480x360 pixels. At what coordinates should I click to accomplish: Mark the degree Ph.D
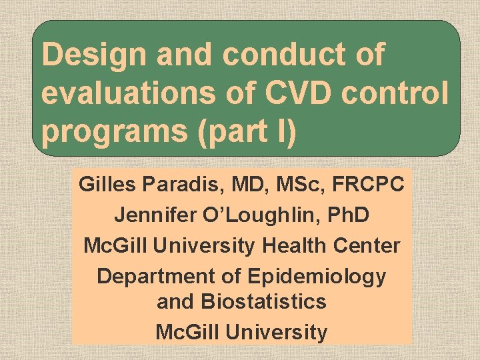344,215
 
